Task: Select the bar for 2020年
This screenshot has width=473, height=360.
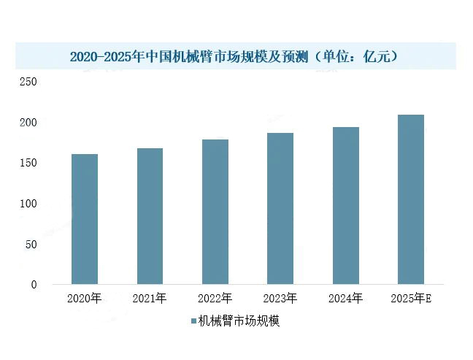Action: [x=85, y=218]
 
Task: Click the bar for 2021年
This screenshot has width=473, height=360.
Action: [x=150, y=215]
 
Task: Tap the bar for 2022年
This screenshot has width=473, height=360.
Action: [x=215, y=211]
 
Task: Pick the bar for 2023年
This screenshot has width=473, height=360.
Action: [x=280, y=208]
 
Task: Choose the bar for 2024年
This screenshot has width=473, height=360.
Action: [x=345, y=205]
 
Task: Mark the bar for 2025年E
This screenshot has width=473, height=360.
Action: [x=410, y=199]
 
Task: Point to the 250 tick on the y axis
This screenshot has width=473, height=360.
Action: [x=28, y=82]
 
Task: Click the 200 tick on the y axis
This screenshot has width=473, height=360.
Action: [x=28, y=122]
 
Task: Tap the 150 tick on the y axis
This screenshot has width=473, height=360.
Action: [x=28, y=163]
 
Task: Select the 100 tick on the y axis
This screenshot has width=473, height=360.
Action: [x=28, y=203]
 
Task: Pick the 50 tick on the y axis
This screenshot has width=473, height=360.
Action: [x=31, y=244]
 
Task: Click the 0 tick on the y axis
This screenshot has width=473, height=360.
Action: [x=34, y=284]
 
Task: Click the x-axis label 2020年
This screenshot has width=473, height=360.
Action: [x=85, y=298]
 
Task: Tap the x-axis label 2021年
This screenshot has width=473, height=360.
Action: [x=150, y=298]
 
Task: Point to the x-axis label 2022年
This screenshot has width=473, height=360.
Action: [x=215, y=298]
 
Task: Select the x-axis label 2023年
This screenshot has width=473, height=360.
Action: [x=280, y=298]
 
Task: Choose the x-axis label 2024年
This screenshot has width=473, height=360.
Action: [x=345, y=298]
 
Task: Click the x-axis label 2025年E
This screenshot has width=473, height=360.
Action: [x=411, y=298]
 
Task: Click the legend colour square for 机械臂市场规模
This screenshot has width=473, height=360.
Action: [x=193, y=321]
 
